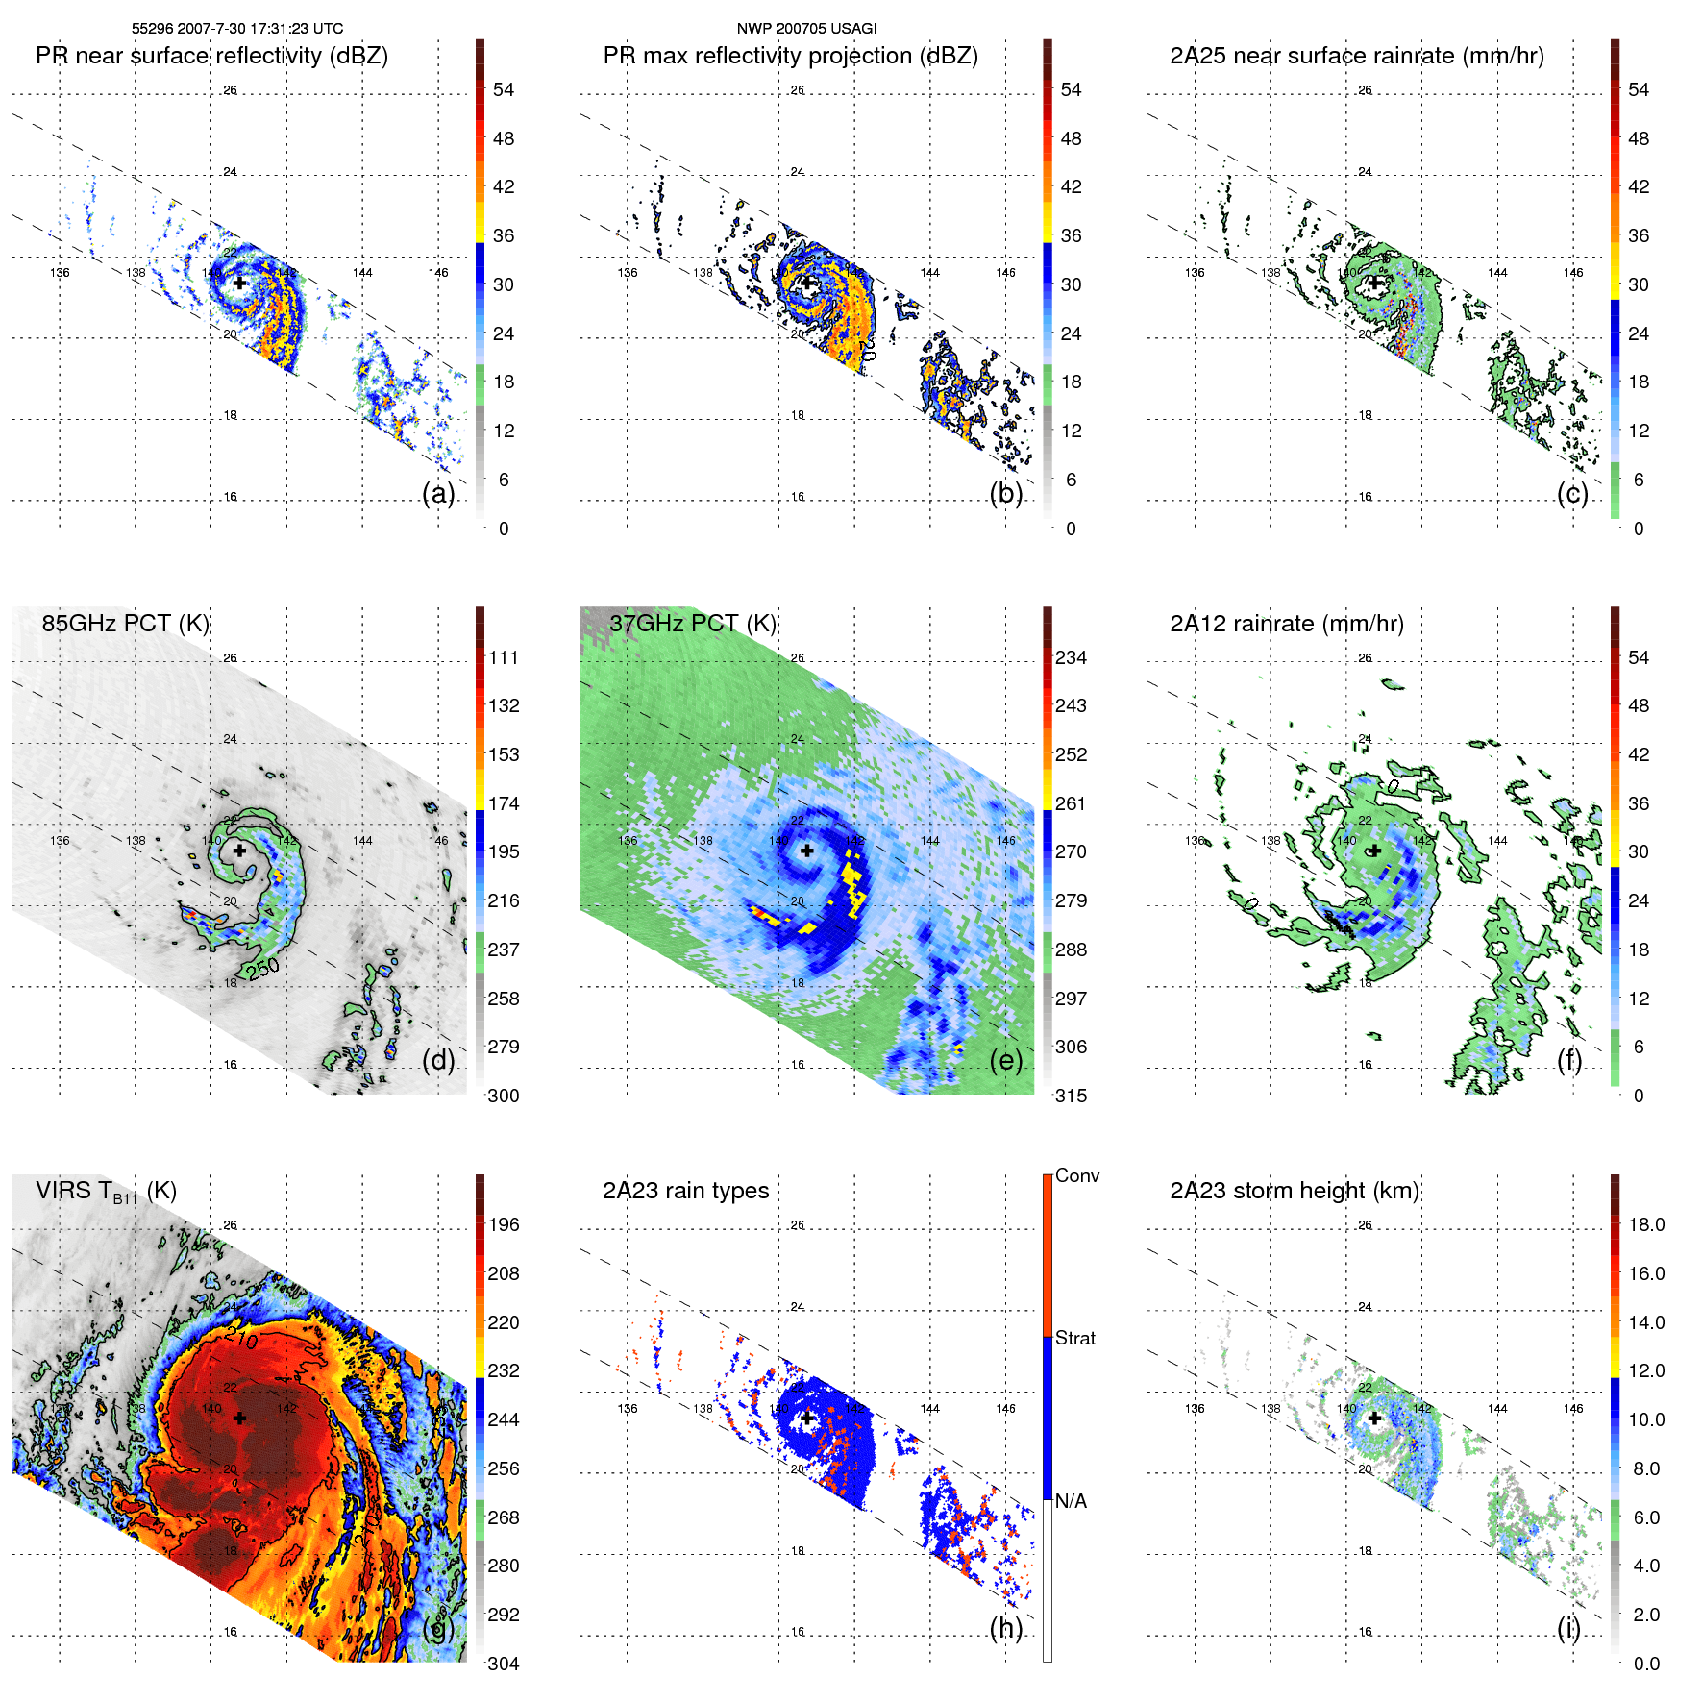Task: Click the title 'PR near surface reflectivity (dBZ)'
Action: [x=211, y=56]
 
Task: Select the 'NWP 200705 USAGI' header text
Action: [x=806, y=28]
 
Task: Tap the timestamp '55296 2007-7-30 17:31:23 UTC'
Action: [x=237, y=28]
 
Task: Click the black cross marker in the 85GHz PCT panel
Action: [x=239, y=851]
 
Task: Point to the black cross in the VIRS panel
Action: [x=239, y=1418]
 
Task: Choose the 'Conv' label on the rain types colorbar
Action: [x=1076, y=1175]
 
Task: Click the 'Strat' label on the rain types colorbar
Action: [x=1074, y=1338]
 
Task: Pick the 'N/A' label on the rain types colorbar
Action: [x=1071, y=1501]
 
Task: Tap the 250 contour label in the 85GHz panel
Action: [x=262, y=968]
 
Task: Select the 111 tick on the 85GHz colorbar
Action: [x=503, y=657]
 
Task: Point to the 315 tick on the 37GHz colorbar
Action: [x=1071, y=1096]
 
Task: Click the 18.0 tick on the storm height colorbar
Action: [x=1645, y=1224]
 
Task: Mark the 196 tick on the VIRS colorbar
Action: [x=503, y=1224]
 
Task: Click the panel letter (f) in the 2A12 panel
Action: [x=1568, y=1060]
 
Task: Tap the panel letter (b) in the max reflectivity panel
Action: [x=1005, y=493]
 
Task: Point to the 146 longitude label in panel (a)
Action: [x=438, y=273]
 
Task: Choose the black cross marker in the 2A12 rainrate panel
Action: [x=1374, y=851]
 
